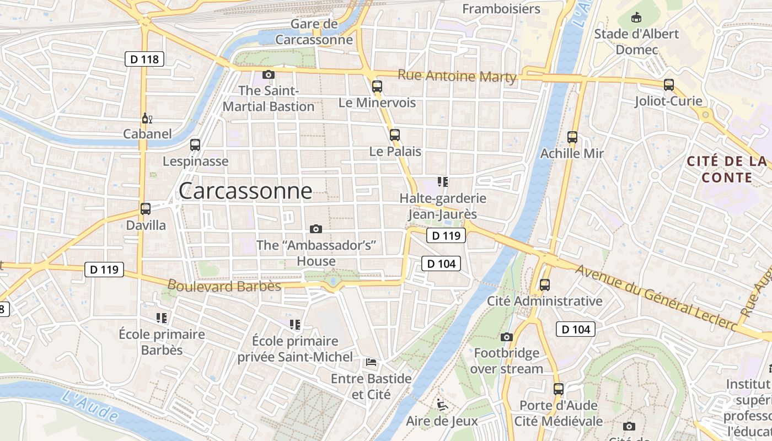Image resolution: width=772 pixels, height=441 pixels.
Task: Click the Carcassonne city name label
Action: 245,191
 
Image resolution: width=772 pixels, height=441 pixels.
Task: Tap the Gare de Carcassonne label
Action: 314,32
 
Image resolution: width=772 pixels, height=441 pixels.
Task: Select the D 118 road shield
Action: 145,58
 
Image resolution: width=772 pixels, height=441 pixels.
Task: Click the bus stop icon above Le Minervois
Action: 377,86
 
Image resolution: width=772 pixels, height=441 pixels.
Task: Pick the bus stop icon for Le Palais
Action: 394,135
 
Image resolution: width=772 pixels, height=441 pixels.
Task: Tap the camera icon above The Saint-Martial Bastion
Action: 269,74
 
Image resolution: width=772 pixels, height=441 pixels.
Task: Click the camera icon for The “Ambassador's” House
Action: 316,229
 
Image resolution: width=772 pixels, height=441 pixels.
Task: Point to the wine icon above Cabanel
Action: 147,118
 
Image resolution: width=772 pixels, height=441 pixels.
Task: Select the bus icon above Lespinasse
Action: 195,145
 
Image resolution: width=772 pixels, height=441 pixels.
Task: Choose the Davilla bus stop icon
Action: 146,209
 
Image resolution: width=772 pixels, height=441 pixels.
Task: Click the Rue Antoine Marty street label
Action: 457,76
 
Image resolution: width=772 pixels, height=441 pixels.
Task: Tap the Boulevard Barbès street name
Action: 224,286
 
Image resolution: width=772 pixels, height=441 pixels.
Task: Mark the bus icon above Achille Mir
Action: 572,137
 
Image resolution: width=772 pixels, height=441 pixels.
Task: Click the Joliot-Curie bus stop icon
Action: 669,85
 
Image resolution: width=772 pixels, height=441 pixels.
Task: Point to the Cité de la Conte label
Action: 727,169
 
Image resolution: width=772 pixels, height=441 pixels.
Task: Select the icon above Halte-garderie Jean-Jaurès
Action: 442,181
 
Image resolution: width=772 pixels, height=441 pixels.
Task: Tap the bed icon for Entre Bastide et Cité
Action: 371,362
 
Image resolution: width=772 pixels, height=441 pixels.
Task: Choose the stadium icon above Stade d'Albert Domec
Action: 637,17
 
